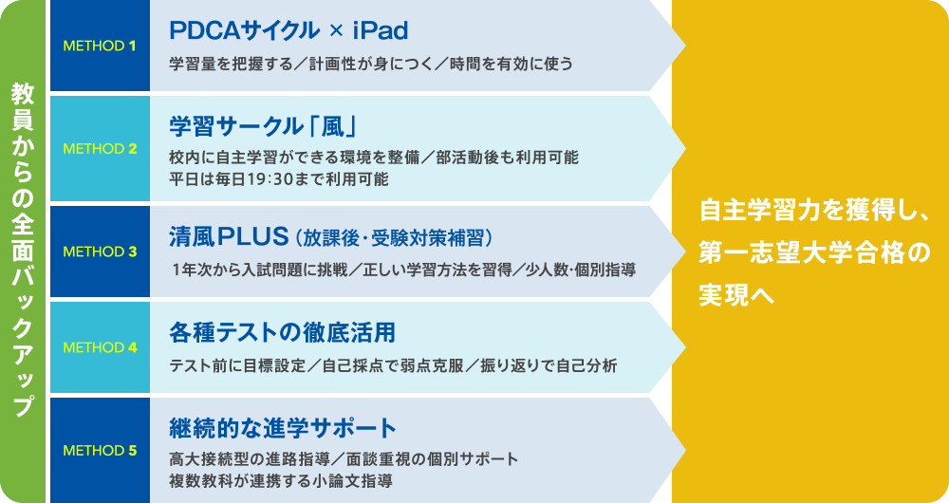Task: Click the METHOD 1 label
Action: pyautogui.click(x=100, y=46)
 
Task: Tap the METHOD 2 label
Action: pyautogui.click(x=100, y=149)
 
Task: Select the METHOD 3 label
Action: pyautogui.click(x=100, y=251)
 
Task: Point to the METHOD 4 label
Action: pyautogui.click(x=100, y=347)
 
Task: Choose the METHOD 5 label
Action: pyautogui.click(x=100, y=451)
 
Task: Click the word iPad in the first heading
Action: pyautogui.click(x=381, y=31)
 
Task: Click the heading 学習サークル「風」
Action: pyautogui.click(x=263, y=126)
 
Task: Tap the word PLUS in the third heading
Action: pyautogui.click(x=253, y=236)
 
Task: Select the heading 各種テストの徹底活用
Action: pyautogui.click(x=282, y=333)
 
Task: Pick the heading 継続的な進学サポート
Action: pyautogui.click(x=283, y=429)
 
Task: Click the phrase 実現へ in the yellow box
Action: pyautogui.click(x=736, y=294)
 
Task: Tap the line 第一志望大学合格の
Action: pyautogui.click(x=814, y=252)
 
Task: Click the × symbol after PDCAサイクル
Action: pyautogui.click(x=336, y=31)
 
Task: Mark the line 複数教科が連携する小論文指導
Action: pyautogui.click(x=281, y=481)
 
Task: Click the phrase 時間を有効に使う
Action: pyautogui.click(x=512, y=64)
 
